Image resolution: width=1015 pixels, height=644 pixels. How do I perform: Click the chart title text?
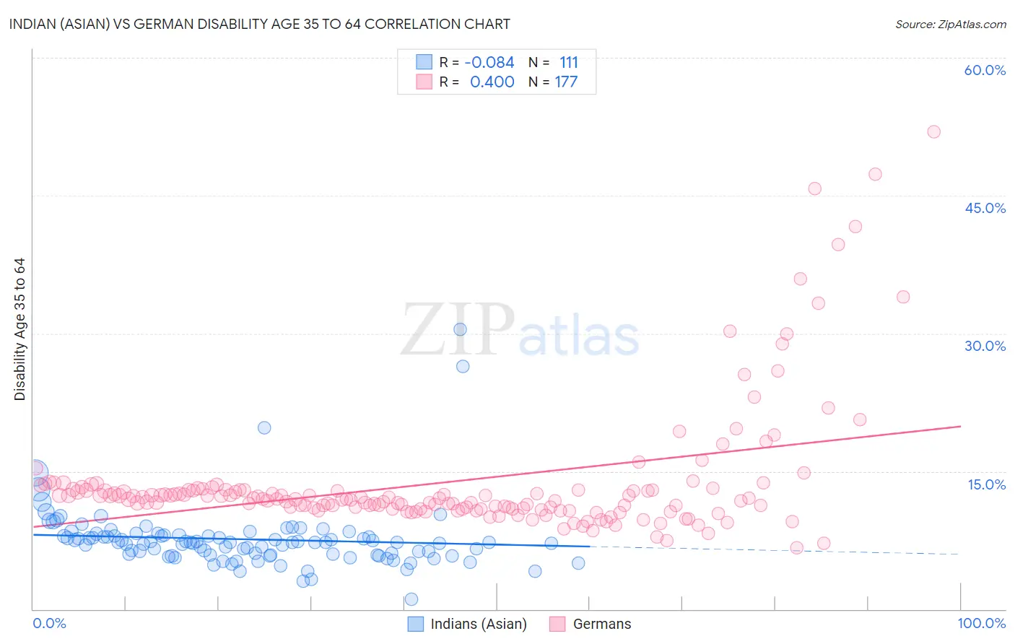260,24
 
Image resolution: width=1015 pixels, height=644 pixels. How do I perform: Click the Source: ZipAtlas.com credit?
950,24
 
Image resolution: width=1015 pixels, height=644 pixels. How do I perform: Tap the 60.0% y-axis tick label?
985,70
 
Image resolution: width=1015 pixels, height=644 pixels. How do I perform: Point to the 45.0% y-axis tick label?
985,208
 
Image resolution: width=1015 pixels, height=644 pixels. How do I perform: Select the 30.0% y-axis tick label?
985,346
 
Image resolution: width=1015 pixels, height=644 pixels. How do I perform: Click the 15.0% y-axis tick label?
986,484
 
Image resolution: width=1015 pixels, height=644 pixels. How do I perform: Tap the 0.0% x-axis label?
49,623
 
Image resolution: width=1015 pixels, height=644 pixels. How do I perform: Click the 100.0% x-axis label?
981,623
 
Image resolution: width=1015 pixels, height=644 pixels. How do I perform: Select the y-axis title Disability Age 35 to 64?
19,329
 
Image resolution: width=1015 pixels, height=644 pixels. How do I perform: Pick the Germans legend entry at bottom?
601,624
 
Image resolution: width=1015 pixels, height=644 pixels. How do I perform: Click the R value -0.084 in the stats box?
489,62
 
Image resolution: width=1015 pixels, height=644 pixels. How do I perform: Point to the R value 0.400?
492,82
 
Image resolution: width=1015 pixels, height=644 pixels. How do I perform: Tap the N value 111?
569,62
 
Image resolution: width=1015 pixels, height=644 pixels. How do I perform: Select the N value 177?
566,82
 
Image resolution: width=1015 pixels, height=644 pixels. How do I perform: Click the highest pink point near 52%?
933,131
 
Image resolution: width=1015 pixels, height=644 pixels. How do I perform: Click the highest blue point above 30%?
460,329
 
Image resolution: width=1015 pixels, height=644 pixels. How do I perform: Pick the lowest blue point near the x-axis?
411,599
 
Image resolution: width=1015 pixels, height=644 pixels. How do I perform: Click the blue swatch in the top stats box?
424,62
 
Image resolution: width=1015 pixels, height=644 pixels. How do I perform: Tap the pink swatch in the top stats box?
424,82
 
